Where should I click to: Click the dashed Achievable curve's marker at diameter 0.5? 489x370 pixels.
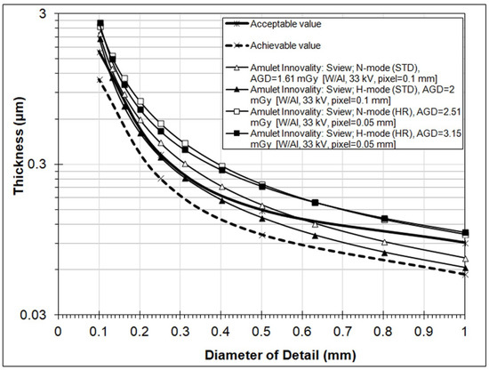tap(261, 235)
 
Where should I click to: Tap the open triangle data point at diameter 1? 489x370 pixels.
tap(466, 259)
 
